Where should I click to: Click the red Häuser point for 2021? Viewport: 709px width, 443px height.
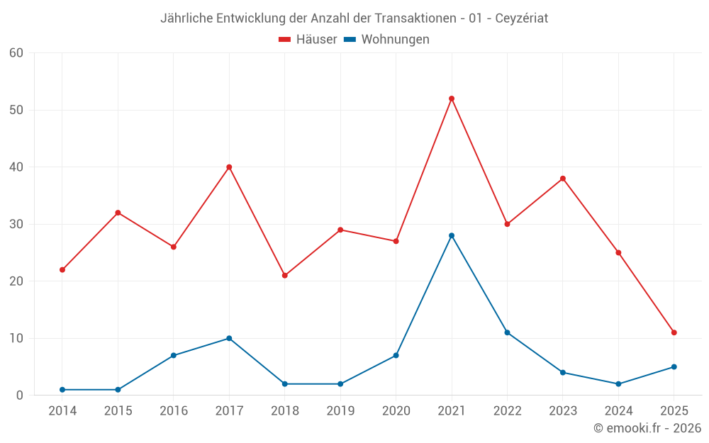click(x=452, y=99)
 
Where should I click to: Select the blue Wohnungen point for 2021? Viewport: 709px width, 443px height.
click(x=452, y=235)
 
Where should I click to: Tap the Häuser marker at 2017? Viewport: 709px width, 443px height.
click(x=229, y=167)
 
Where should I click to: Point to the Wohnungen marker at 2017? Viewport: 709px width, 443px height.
click(x=229, y=338)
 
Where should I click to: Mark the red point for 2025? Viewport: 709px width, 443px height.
click(x=674, y=332)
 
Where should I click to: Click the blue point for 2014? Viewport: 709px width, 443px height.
click(x=62, y=390)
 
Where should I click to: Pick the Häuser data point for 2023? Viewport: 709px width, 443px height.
click(x=563, y=179)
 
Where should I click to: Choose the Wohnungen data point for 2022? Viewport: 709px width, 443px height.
click(x=507, y=332)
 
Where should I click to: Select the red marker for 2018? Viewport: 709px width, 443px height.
click(x=285, y=276)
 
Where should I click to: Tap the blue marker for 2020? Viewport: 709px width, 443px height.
click(x=396, y=355)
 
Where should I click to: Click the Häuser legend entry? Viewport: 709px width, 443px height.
click(x=308, y=40)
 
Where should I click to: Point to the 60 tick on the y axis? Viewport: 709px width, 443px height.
click(x=16, y=52)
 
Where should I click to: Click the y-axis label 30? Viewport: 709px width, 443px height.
click(x=16, y=224)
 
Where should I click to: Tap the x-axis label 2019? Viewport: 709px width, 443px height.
click(x=340, y=411)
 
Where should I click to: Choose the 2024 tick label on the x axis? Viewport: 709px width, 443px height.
click(x=618, y=411)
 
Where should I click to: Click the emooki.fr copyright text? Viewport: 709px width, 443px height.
click(x=647, y=428)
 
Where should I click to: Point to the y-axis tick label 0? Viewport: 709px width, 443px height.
click(x=20, y=396)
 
